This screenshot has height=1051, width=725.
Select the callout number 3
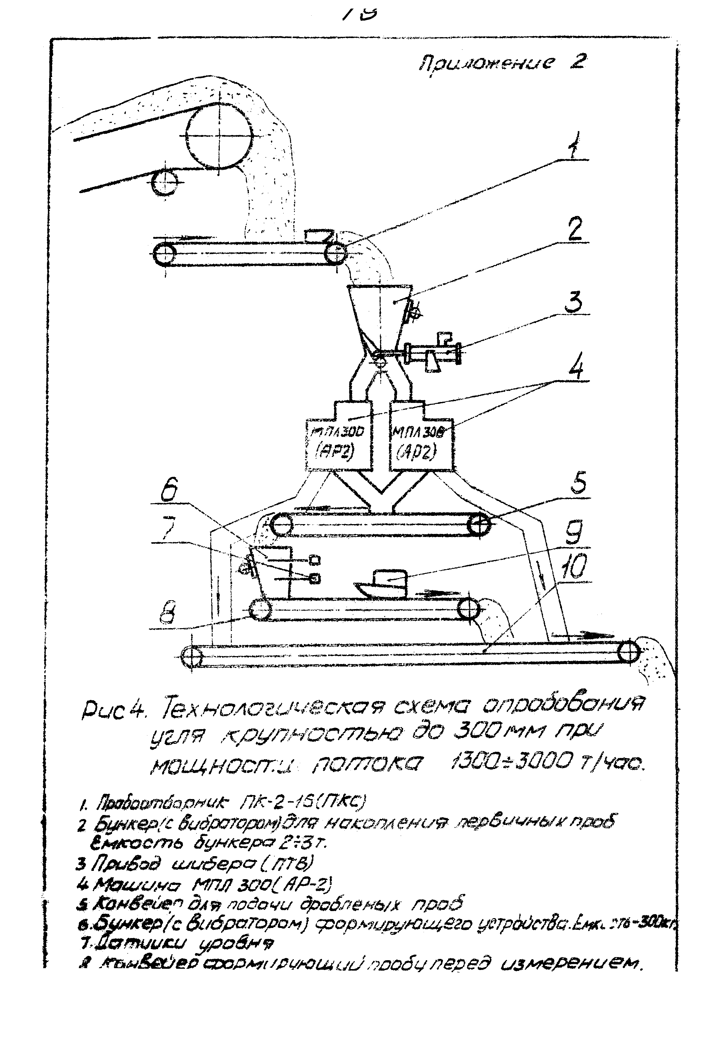coord(574,302)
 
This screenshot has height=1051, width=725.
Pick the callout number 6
coord(169,491)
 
